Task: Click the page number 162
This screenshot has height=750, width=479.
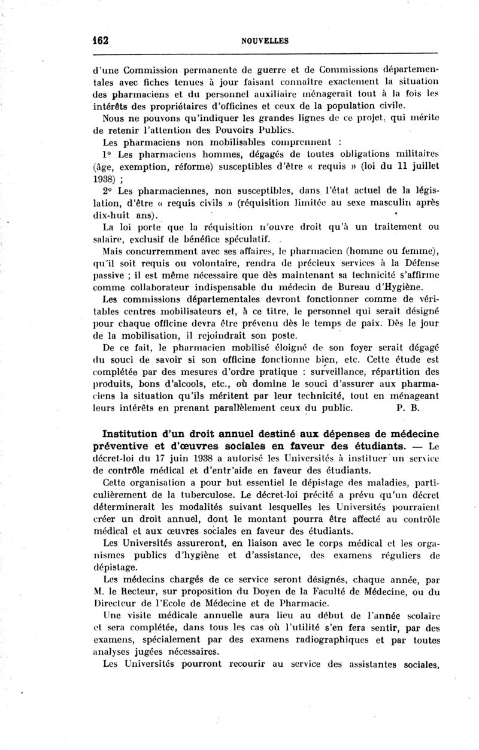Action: (100, 41)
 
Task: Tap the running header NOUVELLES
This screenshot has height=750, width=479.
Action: (265, 41)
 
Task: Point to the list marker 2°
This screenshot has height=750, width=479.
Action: (108, 192)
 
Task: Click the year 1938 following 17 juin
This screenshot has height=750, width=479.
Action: (184, 459)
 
